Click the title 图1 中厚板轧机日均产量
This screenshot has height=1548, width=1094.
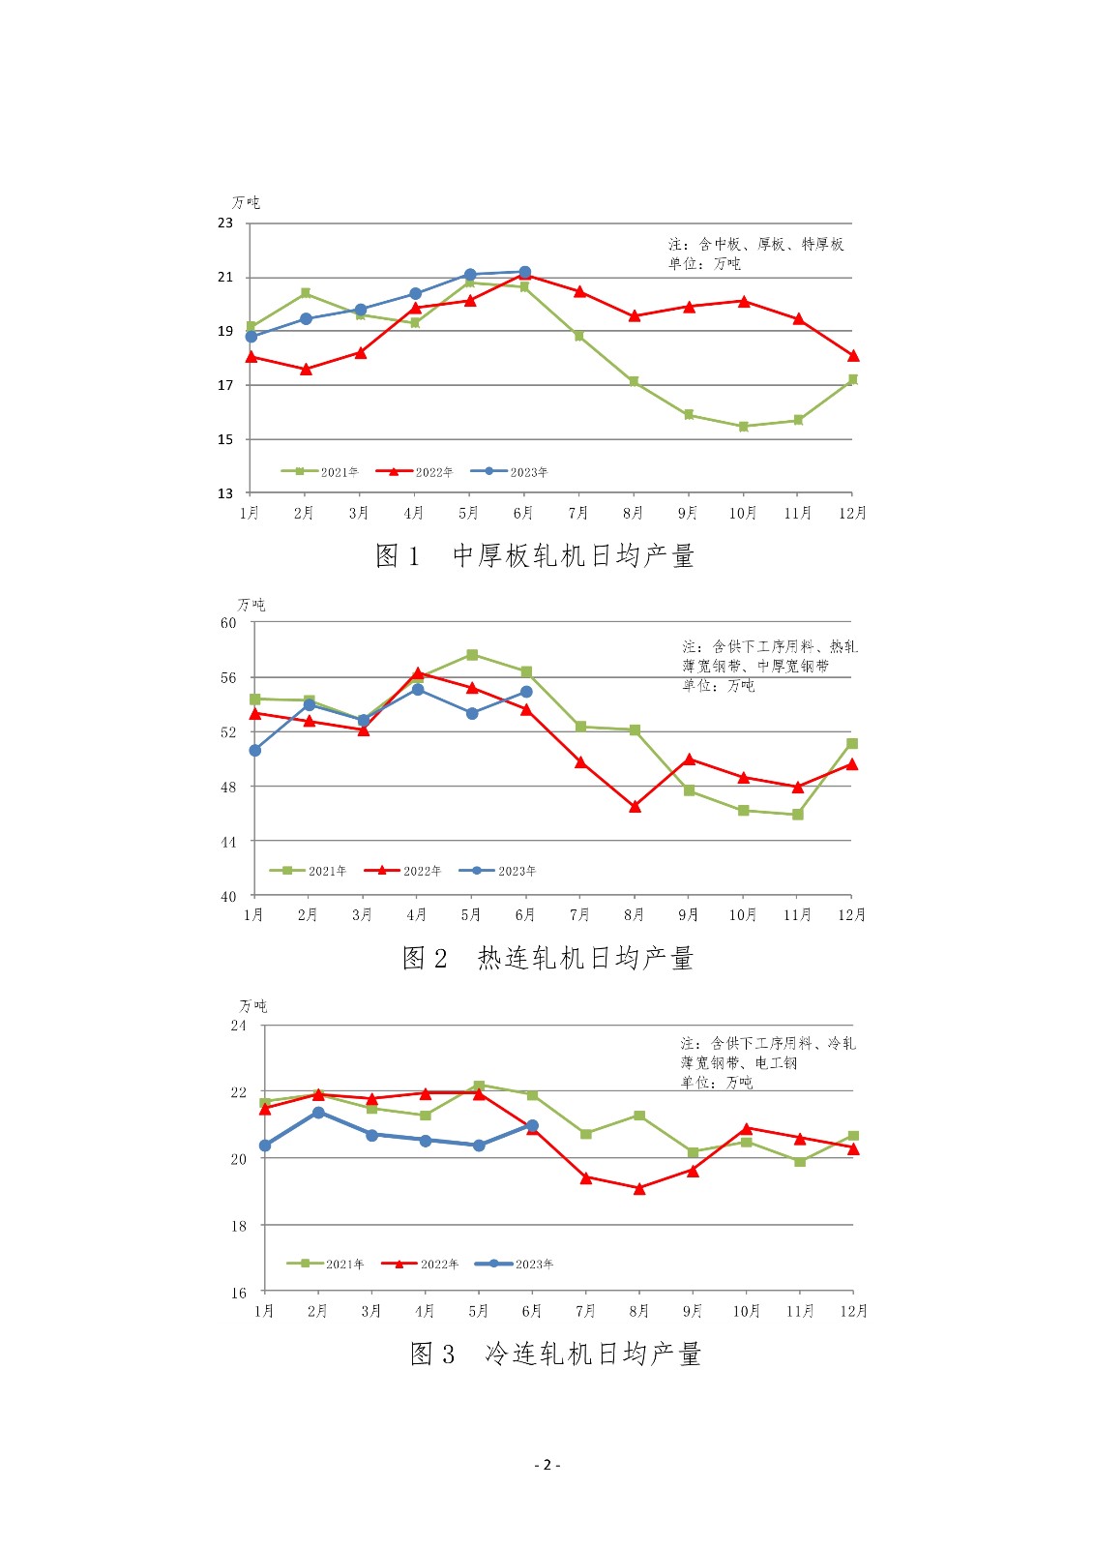(x=535, y=555)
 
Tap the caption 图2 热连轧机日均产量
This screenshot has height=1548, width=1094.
(x=547, y=958)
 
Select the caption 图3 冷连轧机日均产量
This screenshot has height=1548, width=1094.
(x=555, y=1354)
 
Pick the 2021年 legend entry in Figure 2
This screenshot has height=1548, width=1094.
(x=309, y=871)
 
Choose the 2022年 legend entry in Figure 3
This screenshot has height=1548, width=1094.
(x=421, y=1264)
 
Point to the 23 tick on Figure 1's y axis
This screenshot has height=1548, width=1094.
(x=225, y=223)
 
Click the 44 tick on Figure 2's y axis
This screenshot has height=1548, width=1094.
(x=228, y=842)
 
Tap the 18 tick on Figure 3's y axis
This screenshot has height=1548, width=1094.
(x=239, y=1225)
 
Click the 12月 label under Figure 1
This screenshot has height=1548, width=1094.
(x=852, y=513)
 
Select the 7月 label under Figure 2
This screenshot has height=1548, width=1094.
(x=579, y=914)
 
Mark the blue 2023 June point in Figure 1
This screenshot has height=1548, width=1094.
(x=525, y=272)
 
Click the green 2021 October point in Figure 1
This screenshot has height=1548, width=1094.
(x=744, y=426)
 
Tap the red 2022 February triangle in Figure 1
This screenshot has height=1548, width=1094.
(x=306, y=369)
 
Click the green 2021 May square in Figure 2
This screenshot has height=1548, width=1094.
(x=472, y=655)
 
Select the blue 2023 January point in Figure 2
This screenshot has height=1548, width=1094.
(x=255, y=750)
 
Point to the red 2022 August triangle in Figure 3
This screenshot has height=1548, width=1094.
(x=639, y=1188)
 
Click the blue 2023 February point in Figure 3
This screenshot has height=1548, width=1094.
(x=318, y=1113)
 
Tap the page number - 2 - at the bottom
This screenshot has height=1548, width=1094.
(x=547, y=1464)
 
